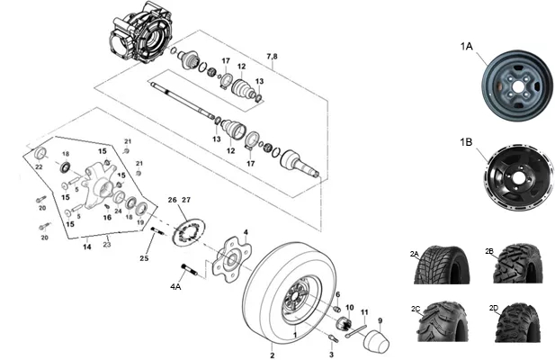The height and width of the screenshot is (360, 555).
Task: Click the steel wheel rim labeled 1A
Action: (x=517, y=85)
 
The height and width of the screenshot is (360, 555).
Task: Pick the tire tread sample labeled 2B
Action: (x=518, y=264)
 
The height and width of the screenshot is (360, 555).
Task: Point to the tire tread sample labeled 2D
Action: (x=518, y=322)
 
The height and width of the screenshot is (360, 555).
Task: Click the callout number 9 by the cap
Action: (x=380, y=321)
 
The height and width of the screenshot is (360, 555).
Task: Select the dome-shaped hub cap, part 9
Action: (x=377, y=341)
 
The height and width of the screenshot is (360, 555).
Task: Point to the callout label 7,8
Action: (x=272, y=57)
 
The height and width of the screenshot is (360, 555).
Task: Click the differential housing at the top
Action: (x=141, y=33)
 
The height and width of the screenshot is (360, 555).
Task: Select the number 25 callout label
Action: (x=144, y=258)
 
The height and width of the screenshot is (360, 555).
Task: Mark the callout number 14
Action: (x=87, y=247)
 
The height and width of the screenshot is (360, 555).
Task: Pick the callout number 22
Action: (x=39, y=166)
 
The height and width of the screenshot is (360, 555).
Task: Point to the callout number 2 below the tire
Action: (x=273, y=355)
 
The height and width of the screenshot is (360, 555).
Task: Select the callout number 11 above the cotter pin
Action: (x=364, y=312)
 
